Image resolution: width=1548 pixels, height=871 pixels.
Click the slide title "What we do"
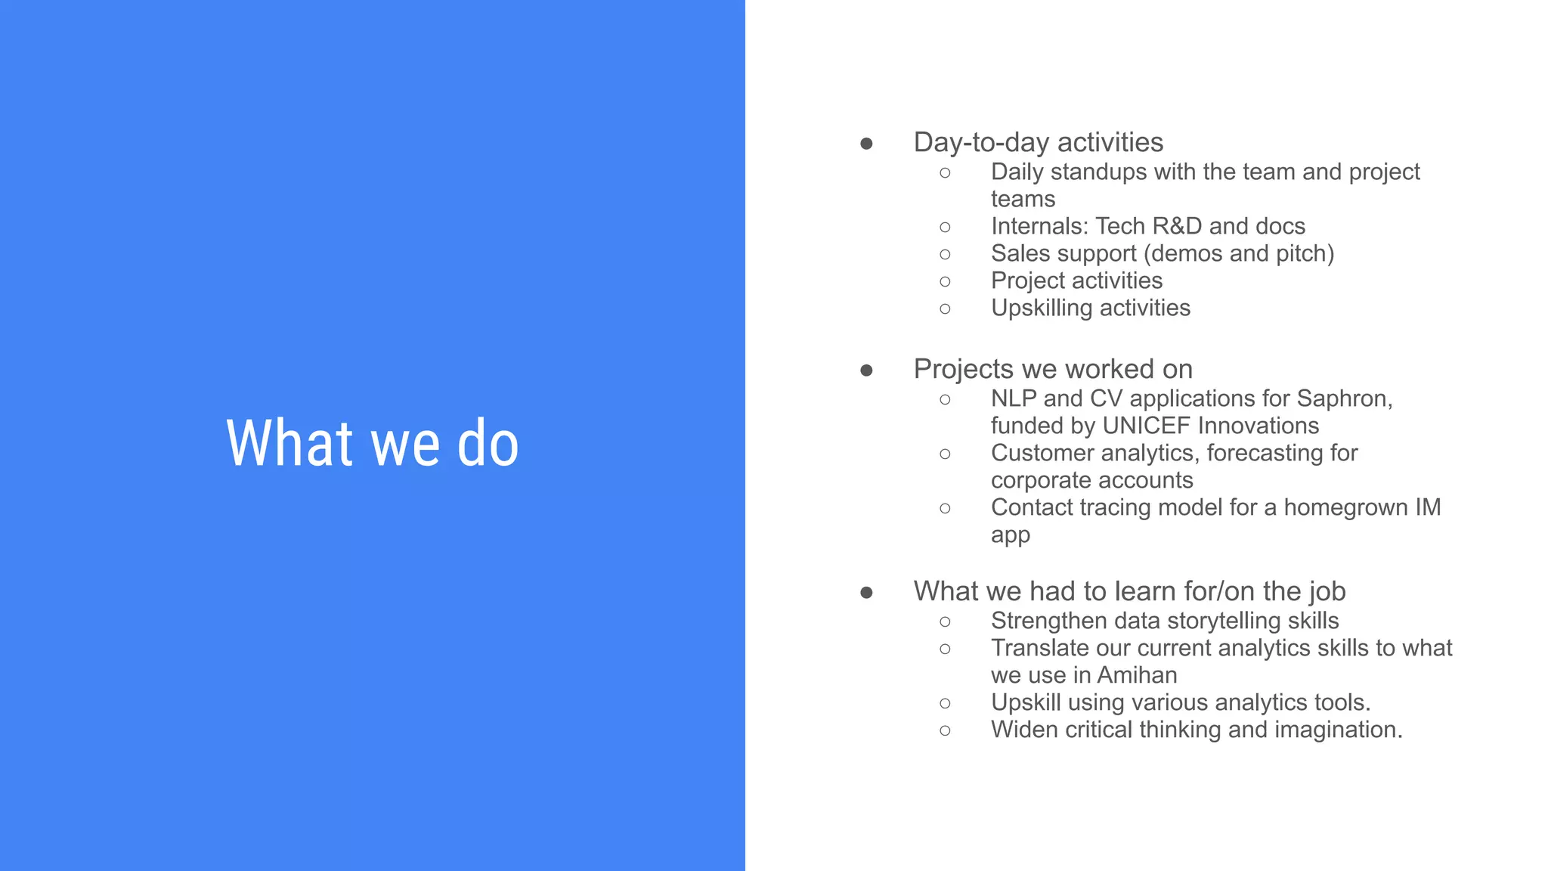pos(373,443)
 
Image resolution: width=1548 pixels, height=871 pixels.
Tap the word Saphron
pos(1343,398)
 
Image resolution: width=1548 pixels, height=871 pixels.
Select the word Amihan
pos(1137,675)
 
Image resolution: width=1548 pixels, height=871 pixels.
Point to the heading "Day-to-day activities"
pos(1038,142)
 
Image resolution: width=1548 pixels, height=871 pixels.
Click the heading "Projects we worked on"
pos(1053,369)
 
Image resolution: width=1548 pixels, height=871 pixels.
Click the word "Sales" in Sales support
pos(1020,253)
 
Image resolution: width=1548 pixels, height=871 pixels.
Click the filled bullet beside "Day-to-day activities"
pos(866,144)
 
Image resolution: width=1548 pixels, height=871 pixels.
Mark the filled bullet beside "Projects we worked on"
pos(866,370)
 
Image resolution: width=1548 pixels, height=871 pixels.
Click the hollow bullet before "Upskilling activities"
pos(945,308)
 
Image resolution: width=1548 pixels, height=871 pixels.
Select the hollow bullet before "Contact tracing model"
pos(945,508)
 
